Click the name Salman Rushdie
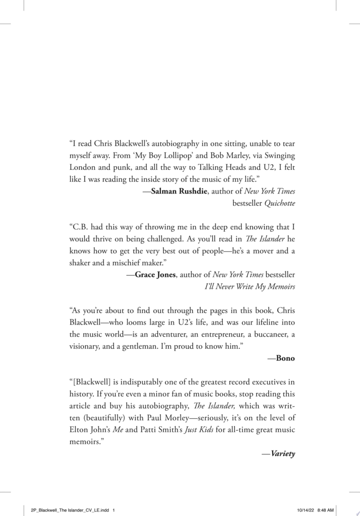179,191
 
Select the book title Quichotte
280,203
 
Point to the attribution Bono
285,358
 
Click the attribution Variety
283,454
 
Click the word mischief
127,263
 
